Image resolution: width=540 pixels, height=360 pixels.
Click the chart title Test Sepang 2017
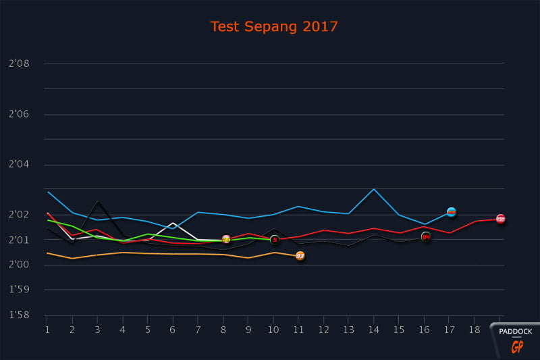(x=273, y=27)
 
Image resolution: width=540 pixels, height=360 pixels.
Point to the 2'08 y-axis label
(x=18, y=64)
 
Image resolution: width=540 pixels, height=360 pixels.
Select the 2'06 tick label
(x=18, y=115)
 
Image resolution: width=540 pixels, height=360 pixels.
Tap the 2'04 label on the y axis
(x=18, y=165)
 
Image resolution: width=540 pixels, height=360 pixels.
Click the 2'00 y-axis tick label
(x=18, y=265)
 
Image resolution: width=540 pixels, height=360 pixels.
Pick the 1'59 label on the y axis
(x=18, y=290)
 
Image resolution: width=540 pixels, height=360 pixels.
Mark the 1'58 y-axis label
(x=18, y=315)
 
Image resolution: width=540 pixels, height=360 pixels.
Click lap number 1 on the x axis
(x=47, y=330)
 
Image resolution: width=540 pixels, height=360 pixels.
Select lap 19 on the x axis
(x=500, y=330)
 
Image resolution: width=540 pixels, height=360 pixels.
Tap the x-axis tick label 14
(x=374, y=330)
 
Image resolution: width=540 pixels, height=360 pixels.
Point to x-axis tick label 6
(x=173, y=330)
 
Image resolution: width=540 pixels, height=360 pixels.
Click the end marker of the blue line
(x=452, y=212)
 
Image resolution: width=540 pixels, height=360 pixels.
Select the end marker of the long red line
(x=501, y=219)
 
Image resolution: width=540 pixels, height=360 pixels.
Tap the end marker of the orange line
(x=300, y=256)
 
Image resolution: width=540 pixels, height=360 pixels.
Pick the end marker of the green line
(x=275, y=240)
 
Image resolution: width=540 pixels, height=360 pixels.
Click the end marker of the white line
(x=226, y=239)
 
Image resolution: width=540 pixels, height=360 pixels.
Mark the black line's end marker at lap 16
(x=426, y=237)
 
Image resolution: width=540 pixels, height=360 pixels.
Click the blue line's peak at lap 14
(x=374, y=189)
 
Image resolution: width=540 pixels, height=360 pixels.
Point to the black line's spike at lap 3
(x=98, y=201)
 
